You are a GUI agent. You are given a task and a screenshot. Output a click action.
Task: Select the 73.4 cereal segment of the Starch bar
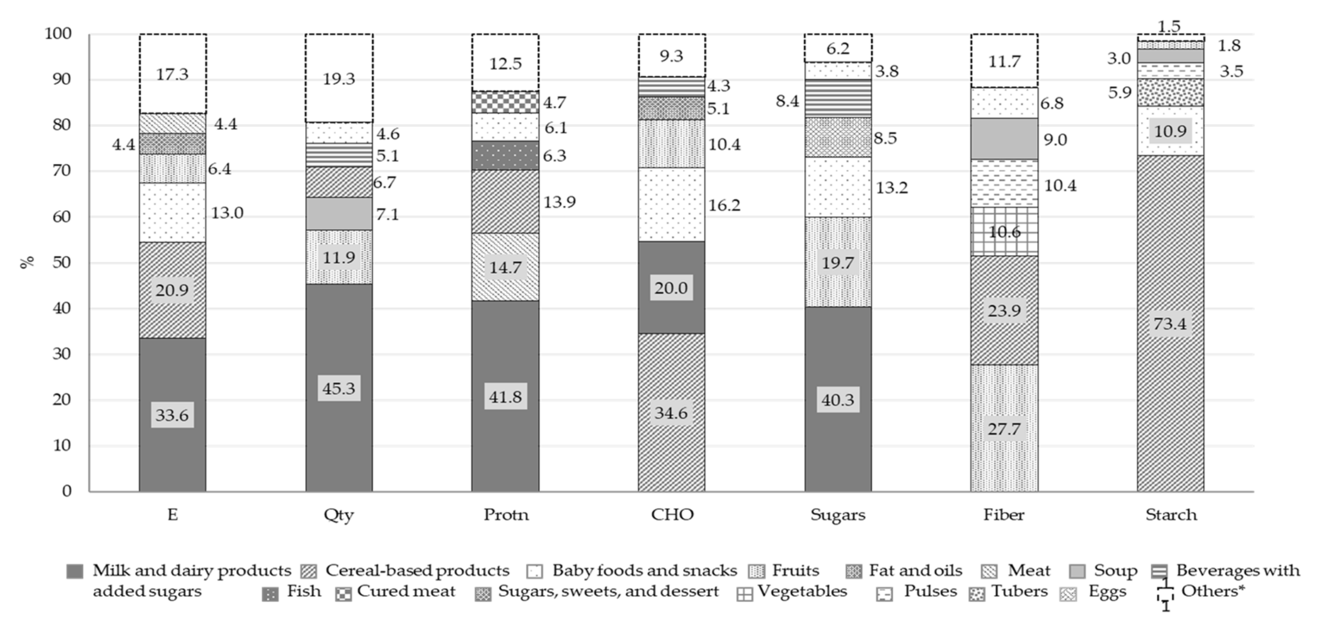(1170, 323)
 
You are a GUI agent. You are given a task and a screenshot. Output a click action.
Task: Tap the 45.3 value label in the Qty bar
(338, 389)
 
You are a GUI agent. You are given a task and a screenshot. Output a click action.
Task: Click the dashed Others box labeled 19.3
(338, 79)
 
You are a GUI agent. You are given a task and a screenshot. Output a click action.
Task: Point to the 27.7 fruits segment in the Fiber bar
(1004, 428)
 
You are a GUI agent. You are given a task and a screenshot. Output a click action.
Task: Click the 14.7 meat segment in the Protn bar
(505, 267)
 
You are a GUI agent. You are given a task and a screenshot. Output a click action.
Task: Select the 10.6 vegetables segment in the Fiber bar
(1004, 231)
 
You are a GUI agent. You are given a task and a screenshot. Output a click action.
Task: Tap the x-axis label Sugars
(837, 514)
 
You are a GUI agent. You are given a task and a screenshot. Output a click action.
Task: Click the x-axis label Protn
(506, 514)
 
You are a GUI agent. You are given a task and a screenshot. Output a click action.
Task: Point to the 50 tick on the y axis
(61, 262)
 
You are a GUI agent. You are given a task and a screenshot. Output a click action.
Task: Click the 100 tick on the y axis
(58, 34)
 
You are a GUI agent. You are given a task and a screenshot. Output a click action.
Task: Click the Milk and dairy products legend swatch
(75, 571)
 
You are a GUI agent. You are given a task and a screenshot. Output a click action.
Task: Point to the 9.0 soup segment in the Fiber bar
(1004, 139)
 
